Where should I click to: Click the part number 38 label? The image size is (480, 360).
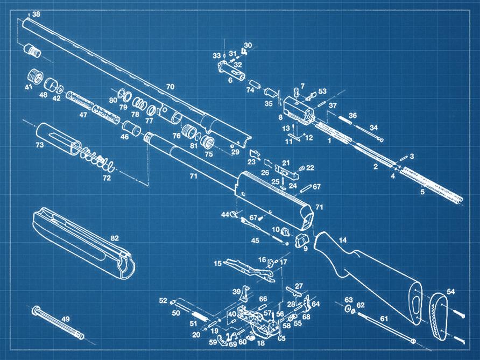[36, 15]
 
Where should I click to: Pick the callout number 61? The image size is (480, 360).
[384, 319]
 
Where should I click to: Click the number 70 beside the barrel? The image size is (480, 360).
[170, 87]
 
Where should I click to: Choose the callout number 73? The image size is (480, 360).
[39, 145]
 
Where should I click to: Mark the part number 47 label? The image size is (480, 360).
[83, 115]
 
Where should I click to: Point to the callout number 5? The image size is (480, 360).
[422, 191]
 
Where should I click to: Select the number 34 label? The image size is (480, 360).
[373, 128]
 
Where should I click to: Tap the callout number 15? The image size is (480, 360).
[217, 264]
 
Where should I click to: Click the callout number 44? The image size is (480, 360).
[225, 215]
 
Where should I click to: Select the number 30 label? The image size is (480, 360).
[248, 45]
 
